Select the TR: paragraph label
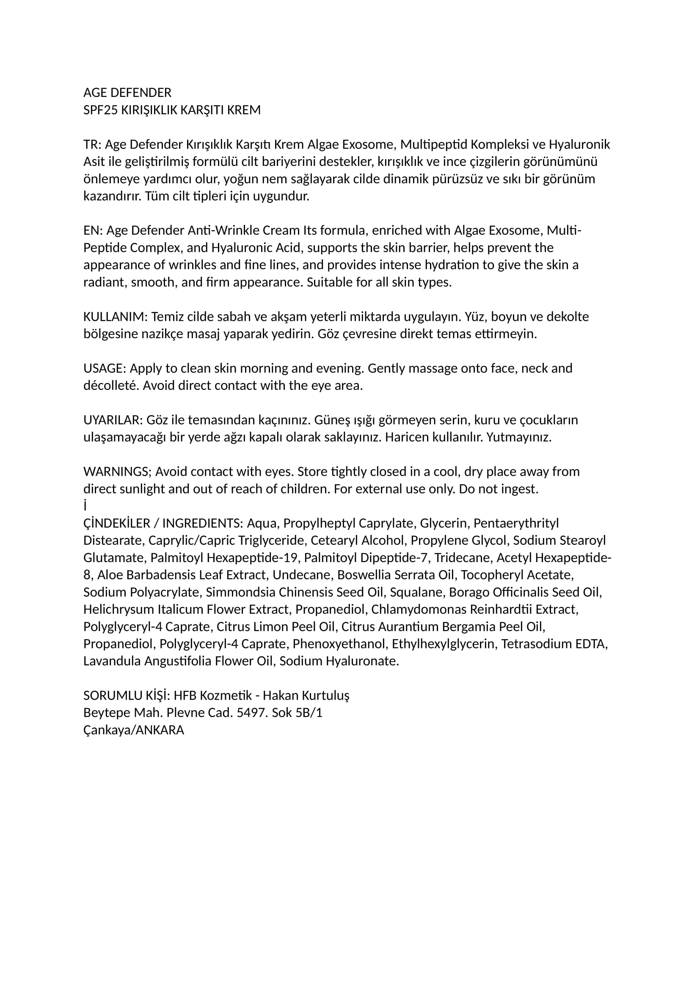[92, 145]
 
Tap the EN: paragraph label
[93, 231]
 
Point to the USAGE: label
[104, 369]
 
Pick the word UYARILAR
[113, 420]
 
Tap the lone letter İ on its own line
[85, 506]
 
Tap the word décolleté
[111, 386]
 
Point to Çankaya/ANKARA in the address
[134, 730]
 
